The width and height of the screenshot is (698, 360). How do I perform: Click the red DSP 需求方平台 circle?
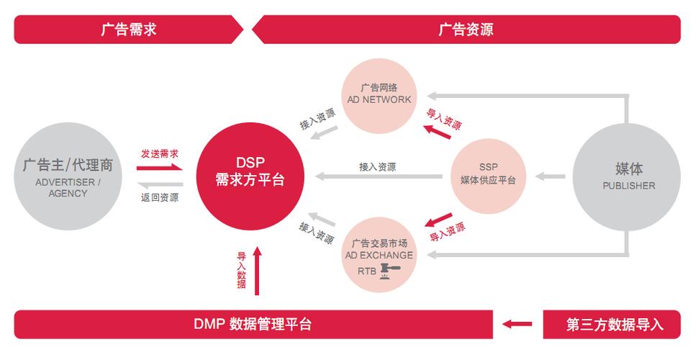click(x=250, y=172)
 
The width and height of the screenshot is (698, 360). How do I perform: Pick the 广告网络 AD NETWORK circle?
click(x=379, y=94)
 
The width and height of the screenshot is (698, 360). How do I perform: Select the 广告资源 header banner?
click(x=466, y=30)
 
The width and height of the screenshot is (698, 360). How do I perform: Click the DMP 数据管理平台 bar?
click(x=252, y=324)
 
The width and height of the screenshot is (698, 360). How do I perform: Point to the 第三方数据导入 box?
click(x=614, y=324)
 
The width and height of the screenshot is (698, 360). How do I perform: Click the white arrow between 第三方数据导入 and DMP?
click(x=517, y=324)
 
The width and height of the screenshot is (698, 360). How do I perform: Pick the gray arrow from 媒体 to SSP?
click(x=550, y=176)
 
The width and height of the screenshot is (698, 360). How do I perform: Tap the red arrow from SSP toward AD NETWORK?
click(x=437, y=131)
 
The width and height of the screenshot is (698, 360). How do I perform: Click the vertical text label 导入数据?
click(x=241, y=270)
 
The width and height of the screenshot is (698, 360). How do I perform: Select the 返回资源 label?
click(x=159, y=197)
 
